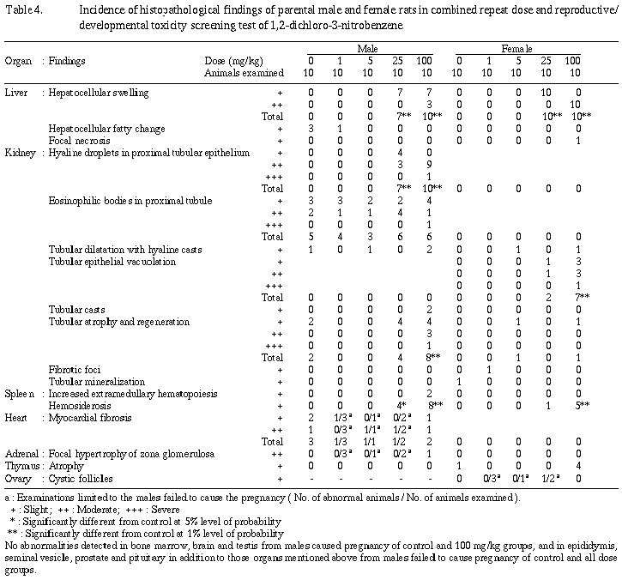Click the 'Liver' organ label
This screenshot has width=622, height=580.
(x=15, y=90)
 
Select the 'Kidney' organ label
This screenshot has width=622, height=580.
(x=18, y=153)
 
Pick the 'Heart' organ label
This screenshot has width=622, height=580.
(x=16, y=416)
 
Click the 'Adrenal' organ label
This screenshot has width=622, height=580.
(x=20, y=452)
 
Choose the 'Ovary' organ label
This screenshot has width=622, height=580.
(x=17, y=476)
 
